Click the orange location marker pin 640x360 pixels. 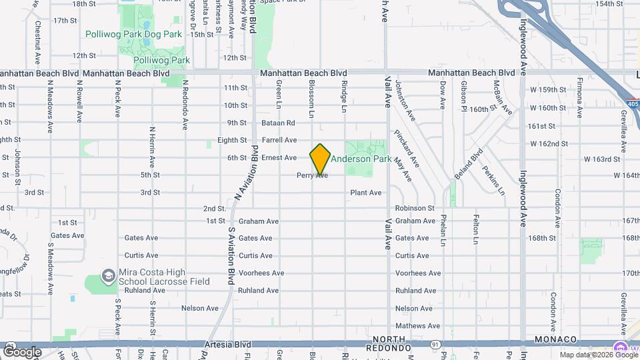click(x=320, y=159)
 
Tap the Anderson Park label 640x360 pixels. click(x=361, y=159)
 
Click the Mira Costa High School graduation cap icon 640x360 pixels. click(x=108, y=275)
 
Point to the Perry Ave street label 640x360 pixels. click(x=312, y=175)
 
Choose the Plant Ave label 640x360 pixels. click(x=366, y=193)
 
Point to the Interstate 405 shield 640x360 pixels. click(x=632, y=103)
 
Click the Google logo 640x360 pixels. click(x=23, y=351)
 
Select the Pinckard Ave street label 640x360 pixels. click(x=406, y=147)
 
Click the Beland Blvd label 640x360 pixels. click(x=476, y=165)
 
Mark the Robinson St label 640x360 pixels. click(x=414, y=208)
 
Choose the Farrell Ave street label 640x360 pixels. click(x=279, y=140)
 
